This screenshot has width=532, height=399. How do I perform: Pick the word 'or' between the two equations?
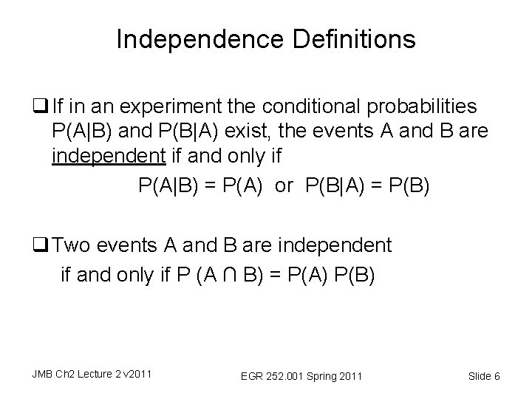click(x=284, y=186)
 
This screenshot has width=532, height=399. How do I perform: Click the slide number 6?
click(x=497, y=377)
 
